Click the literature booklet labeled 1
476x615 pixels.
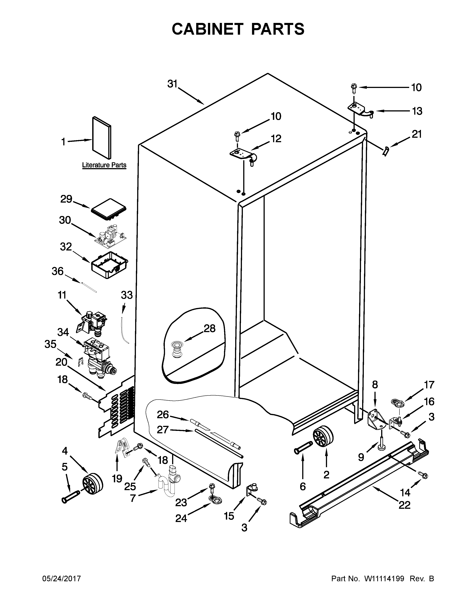[102, 138]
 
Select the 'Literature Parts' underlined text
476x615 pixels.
[104, 165]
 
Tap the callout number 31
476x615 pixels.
[172, 84]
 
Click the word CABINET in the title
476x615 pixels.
[207, 29]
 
